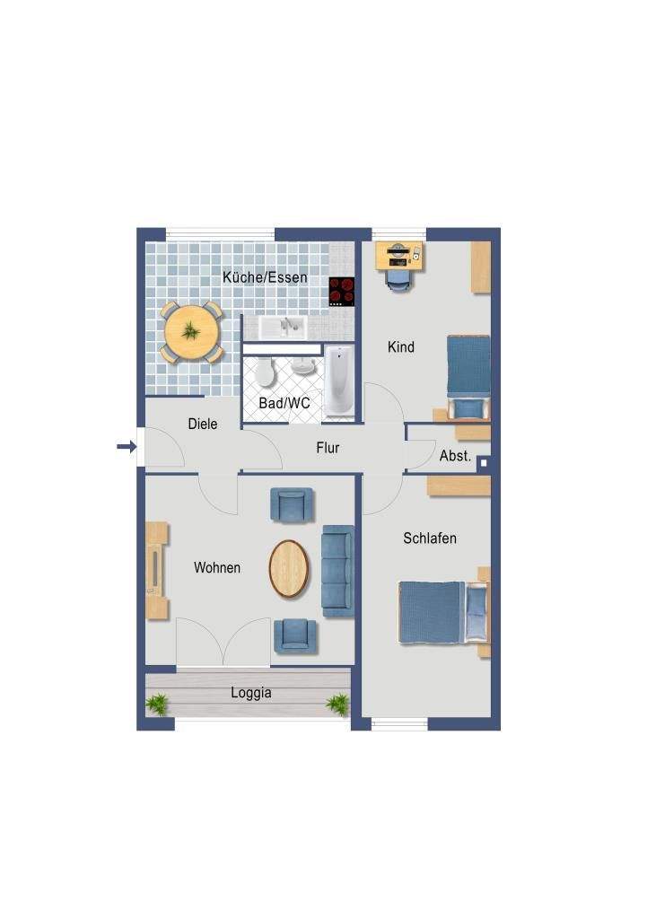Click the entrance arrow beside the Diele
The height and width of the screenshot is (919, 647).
pyautogui.click(x=127, y=447)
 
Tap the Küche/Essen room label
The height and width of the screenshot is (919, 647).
pyautogui.click(x=265, y=277)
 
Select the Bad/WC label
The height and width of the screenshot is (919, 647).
pyautogui.click(x=284, y=403)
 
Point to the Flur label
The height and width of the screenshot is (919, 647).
pyautogui.click(x=328, y=448)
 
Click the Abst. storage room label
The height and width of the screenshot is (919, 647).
pyautogui.click(x=455, y=455)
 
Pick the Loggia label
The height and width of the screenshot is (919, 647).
pyautogui.click(x=251, y=693)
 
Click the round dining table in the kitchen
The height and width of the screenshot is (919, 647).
pyautogui.click(x=191, y=332)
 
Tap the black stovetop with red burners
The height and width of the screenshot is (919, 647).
pyautogui.click(x=342, y=292)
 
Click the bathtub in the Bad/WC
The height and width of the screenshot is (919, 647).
pyautogui.click(x=338, y=381)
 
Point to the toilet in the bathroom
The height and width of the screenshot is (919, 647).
pyautogui.click(x=265, y=372)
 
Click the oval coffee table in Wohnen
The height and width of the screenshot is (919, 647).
pyautogui.click(x=289, y=568)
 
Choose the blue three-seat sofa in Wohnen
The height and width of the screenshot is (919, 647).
pyautogui.click(x=337, y=570)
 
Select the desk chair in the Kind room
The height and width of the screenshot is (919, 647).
pyautogui.click(x=399, y=279)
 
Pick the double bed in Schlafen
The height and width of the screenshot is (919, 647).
pyautogui.click(x=443, y=612)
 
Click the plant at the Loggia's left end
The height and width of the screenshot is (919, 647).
pyautogui.click(x=157, y=704)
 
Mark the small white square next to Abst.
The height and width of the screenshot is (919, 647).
pyautogui.click(x=484, y=463)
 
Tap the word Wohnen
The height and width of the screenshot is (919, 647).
pyautogui.click(x=217, y=567)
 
